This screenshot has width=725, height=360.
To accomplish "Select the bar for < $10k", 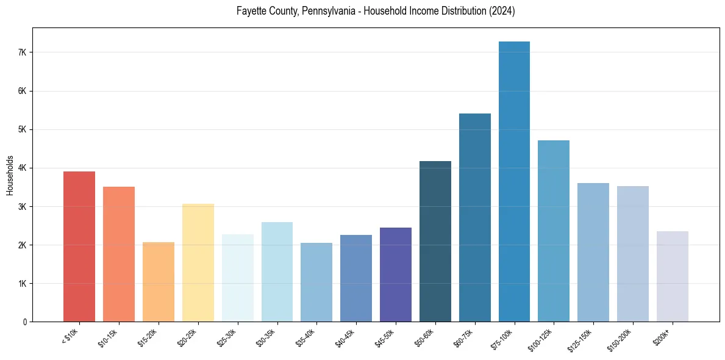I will (79, 247).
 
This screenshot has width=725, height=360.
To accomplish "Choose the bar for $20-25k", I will (198, 262).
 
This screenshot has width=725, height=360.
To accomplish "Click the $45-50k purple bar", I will (396, 275).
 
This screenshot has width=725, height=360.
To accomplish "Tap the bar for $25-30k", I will (238, 278).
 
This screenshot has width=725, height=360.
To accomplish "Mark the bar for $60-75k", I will (475, 217).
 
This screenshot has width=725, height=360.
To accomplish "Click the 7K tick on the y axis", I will (23, 52).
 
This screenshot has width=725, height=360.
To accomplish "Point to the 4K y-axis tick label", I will (23, 168).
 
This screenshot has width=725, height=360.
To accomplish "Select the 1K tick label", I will (23, 284).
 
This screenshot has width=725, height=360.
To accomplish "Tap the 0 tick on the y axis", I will (25, 322).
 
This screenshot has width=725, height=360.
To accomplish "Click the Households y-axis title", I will (10, 175).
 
